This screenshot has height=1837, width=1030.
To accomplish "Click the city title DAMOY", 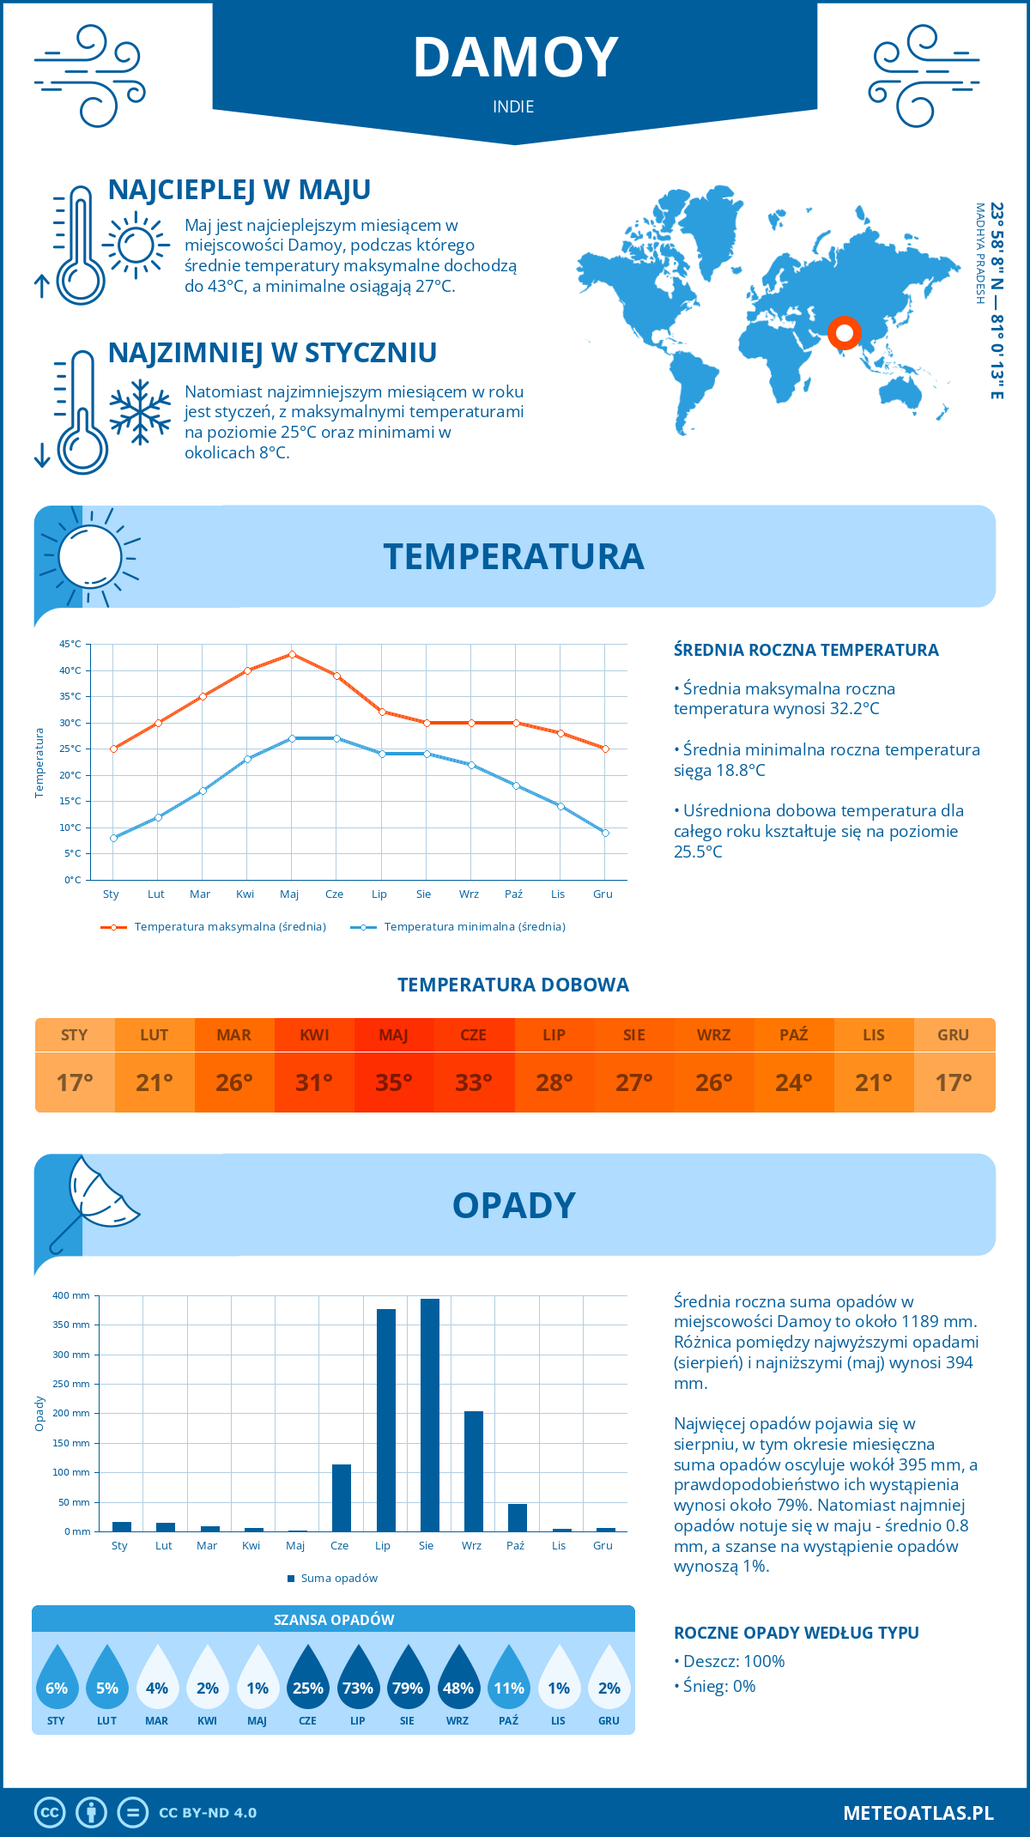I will [515, 58].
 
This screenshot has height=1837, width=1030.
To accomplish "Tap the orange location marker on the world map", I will [844, 332].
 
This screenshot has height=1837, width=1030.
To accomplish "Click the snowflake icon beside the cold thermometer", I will [140, 412].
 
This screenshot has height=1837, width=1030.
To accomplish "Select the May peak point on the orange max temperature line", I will [292, 654].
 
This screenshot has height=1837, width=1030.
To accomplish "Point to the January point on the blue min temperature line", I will [113, 838].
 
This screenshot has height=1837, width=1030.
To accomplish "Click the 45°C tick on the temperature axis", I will [70, 644].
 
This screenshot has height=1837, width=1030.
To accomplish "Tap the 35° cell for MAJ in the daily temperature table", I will [394, 1082].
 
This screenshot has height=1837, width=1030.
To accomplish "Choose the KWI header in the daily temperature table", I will [314, 1035].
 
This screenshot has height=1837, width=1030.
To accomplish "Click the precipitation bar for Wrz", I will [474, 1471].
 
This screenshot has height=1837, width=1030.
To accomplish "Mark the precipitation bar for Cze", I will [342, 1498].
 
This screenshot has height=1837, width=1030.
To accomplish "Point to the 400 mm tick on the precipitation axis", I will [71, 1295].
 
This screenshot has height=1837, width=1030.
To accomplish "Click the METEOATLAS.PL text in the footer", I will [918, 1813].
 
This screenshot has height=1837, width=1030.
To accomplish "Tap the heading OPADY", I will [514, 1205].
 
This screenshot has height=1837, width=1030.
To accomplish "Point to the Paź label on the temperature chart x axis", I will [513, 894].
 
